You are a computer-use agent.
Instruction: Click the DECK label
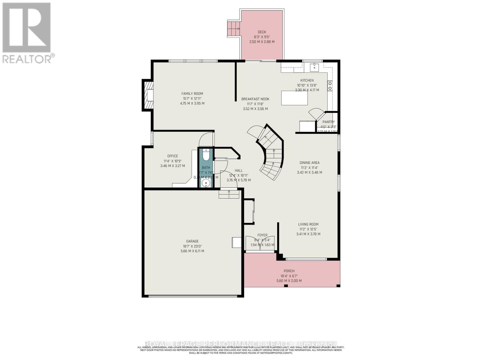(x=262, y=32)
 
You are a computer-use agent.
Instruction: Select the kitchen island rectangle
(x=294, y=98)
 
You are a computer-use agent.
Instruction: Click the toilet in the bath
(x=206, y=155)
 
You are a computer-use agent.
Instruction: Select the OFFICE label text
(x=173, y=156)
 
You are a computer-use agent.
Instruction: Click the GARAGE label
(x=192, y=241)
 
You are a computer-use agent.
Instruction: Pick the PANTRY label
(x=328, y=122)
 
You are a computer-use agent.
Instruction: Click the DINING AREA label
(x=309, y=163)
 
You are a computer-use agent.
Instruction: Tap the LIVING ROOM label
(x=308, y=224)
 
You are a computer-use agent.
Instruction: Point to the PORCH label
(x=289, y=271)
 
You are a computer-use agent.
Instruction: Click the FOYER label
(x=262, y=235)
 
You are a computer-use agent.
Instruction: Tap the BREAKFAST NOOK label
(x=255, y=99)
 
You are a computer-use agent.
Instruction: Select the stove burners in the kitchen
(x=330, y=86)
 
